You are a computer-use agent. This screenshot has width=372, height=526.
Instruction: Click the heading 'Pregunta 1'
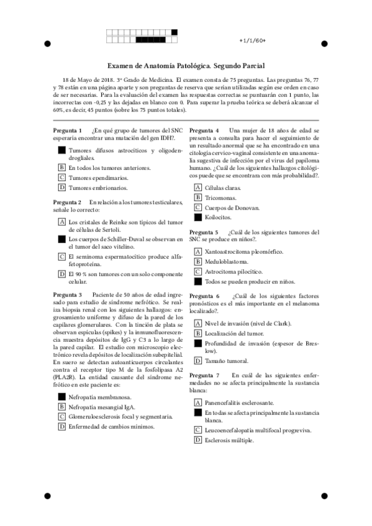[67, 130]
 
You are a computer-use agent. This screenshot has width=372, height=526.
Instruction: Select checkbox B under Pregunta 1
[61, 167]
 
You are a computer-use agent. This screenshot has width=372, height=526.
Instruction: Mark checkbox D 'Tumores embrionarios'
[61, 187]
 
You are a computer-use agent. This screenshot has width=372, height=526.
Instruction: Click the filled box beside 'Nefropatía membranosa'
[61, 396]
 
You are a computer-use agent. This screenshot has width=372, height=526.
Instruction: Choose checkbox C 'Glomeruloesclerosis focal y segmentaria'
[61, 416]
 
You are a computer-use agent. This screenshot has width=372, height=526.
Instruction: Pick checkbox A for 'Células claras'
[197, 187]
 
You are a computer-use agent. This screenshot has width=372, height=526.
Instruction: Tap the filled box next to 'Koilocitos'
[197, 217]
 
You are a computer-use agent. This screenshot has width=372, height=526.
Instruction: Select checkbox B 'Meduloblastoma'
[197, 261]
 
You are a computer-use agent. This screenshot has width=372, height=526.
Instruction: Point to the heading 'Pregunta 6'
[204, 296]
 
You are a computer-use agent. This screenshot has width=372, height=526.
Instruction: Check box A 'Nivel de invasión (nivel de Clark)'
[197, 323]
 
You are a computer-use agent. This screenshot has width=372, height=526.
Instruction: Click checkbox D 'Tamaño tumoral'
[197, 360]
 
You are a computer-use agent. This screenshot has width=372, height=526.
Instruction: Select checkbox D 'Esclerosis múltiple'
[197, 440]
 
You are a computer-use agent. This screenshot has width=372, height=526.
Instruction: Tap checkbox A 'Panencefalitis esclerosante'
[197, 402]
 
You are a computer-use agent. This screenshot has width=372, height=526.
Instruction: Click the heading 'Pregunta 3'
[67, 293]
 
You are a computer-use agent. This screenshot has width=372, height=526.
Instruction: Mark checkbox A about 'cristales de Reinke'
[61, 221]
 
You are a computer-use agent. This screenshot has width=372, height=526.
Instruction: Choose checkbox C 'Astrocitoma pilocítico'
[197, 271]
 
